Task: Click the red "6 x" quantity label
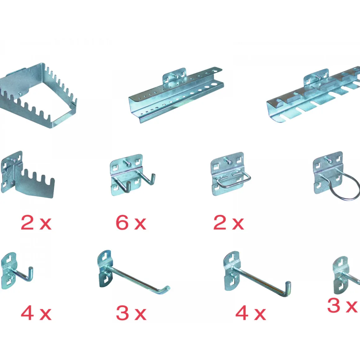coord(131,223)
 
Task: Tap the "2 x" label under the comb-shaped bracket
coord(36,223)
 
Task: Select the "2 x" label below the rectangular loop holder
coord(228,223)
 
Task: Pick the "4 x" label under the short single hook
coord(36,313)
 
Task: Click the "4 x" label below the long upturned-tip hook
coord(251,313)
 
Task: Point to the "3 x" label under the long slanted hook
coord(131,313)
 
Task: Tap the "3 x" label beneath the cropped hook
coord(342,305)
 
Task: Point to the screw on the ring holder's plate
coord(329,161)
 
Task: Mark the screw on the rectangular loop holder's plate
coord(229,161)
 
